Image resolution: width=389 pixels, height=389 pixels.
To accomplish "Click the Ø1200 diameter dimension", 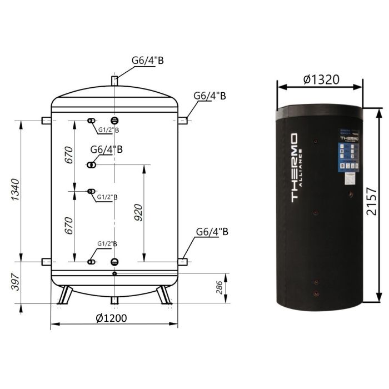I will pos(111,318).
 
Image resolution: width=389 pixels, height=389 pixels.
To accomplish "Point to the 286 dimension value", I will pos(219,288).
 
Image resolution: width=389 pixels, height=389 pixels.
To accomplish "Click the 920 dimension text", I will pos(138,211).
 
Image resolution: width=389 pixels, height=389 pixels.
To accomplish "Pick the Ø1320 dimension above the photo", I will pos(321,79).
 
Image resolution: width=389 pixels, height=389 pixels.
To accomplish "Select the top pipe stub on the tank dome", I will pos(114,81).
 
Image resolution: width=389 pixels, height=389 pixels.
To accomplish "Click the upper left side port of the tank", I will pos(46,120).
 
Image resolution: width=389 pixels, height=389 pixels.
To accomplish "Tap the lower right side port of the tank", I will pos(182,261).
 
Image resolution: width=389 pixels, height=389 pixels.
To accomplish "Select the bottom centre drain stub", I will pos(114,301).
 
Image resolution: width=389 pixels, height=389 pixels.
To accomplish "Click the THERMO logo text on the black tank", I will pos(295,167).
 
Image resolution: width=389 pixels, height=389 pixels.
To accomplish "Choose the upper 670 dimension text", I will pos(69,157).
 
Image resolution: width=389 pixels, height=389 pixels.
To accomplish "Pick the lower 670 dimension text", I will pos(69,226).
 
